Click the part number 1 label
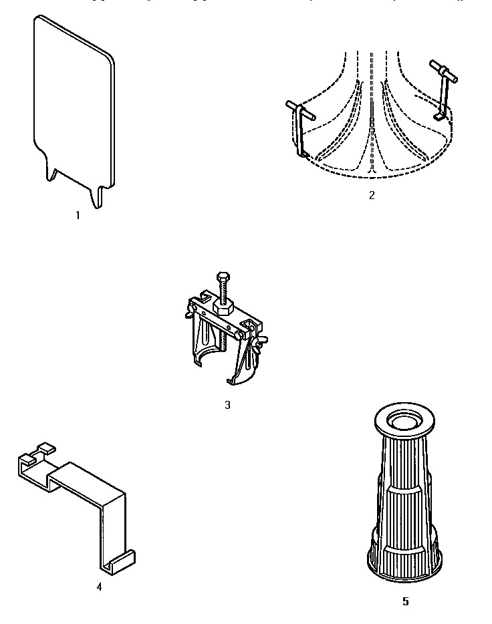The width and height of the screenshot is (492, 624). [78, 216]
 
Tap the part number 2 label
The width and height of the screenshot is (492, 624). [372, 196]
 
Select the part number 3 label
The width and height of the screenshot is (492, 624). [227, 405]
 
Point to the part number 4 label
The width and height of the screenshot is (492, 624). [99, 587]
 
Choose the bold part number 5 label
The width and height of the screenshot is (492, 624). [405, 601]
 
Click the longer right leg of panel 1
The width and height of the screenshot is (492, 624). [100, 196]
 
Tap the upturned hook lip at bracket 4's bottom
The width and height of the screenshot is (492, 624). [124, 560]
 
